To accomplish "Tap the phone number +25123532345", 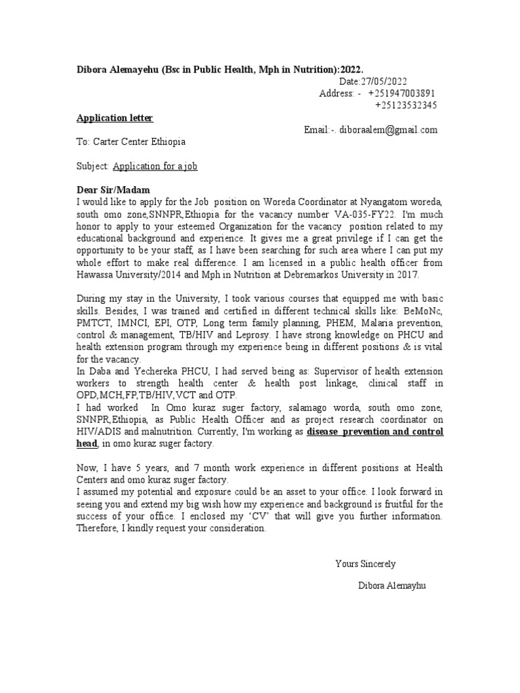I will click(x=406, y=106).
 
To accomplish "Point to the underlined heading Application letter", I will click(x=114, y=118).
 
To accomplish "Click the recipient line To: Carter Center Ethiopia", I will click(x=131, y=142).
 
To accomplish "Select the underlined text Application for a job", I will click(x=155, y=166).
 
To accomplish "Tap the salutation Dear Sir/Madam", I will click(x=113, y=189).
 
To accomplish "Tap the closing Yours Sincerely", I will click(x=366, y=564).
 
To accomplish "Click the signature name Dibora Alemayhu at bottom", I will click(x=393, y=585).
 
